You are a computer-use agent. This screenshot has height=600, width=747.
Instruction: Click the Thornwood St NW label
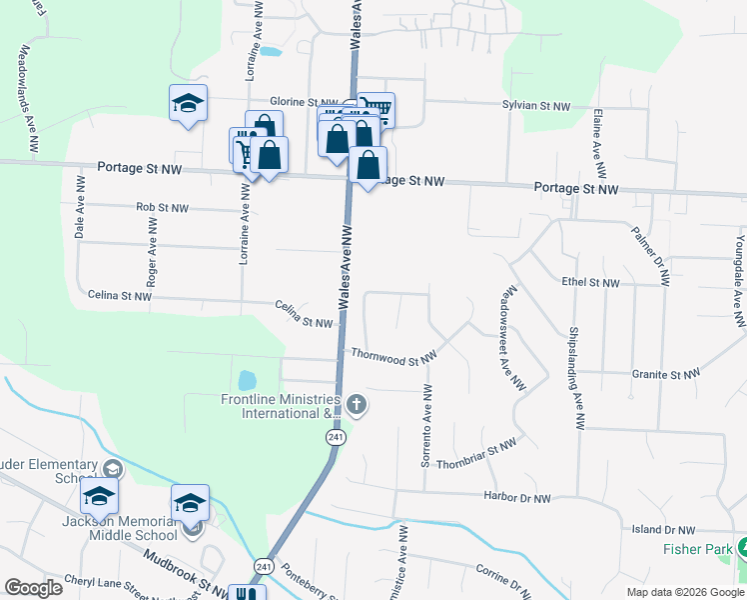(394, 354)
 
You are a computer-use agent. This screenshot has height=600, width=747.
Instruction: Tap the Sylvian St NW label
(535, 105)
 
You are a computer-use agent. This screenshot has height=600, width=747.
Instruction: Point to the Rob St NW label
(162, 208)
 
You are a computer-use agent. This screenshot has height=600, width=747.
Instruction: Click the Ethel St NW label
(591, 283)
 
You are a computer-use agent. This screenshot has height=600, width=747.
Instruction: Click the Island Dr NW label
(663, 529)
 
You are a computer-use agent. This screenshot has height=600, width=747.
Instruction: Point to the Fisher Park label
(695, 549)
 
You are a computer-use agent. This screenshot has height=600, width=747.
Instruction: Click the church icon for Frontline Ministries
(358, 405)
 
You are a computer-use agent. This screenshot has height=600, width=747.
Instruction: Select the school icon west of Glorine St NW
(188, 103)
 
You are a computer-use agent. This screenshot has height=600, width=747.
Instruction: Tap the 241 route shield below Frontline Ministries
(337, 438)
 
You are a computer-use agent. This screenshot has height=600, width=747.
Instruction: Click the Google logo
(33, 588)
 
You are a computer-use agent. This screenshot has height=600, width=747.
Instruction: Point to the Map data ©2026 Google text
(684, 591)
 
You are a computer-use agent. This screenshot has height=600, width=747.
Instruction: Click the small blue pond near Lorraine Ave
(246, 381)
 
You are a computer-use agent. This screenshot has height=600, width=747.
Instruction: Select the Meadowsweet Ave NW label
(512, 340)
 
